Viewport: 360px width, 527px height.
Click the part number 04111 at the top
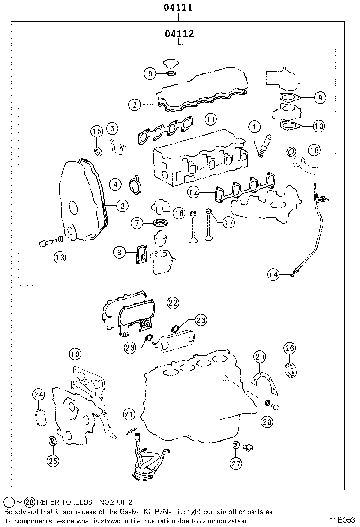pos(178,8)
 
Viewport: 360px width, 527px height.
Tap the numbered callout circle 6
pos(150,73)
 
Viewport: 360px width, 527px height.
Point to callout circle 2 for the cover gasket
pos(135,105)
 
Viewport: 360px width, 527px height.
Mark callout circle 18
pos(314,150)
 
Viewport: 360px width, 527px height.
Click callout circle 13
pos(60,256)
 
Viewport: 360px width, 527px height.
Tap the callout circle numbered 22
pos(173,302)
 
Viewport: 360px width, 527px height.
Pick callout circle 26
pos(289,348)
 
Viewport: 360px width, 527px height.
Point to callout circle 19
pos(74,354)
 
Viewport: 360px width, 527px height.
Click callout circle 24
pos(39,394)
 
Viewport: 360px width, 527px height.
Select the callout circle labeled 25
pos(53,459)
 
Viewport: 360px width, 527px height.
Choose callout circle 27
pos(236,463)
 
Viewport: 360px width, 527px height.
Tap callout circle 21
pos(129,415)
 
